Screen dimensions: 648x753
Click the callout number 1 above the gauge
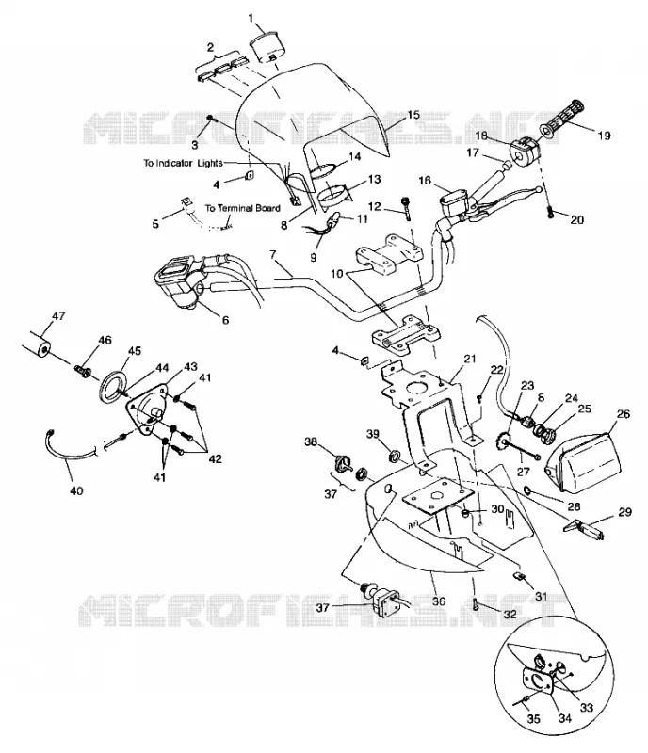(x=251, y=18)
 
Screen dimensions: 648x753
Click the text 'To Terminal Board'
(x=243, y=208)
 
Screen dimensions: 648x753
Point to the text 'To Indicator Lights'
(x=183, y=163)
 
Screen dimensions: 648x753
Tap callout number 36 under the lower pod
(x=439, y=601)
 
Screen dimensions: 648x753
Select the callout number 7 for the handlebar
(x=273, y=254)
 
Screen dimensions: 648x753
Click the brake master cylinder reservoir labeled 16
(x=454, y=199)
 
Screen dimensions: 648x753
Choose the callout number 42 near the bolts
(x=215, y=459)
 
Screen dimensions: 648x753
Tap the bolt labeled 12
(x=407, y=207)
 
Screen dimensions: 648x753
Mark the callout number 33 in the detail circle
(x=587, y=708)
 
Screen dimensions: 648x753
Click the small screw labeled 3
(x=210, y=119)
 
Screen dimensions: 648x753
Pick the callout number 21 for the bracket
(x=470, y=359)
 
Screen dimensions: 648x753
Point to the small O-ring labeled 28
(x=527, y=490)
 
